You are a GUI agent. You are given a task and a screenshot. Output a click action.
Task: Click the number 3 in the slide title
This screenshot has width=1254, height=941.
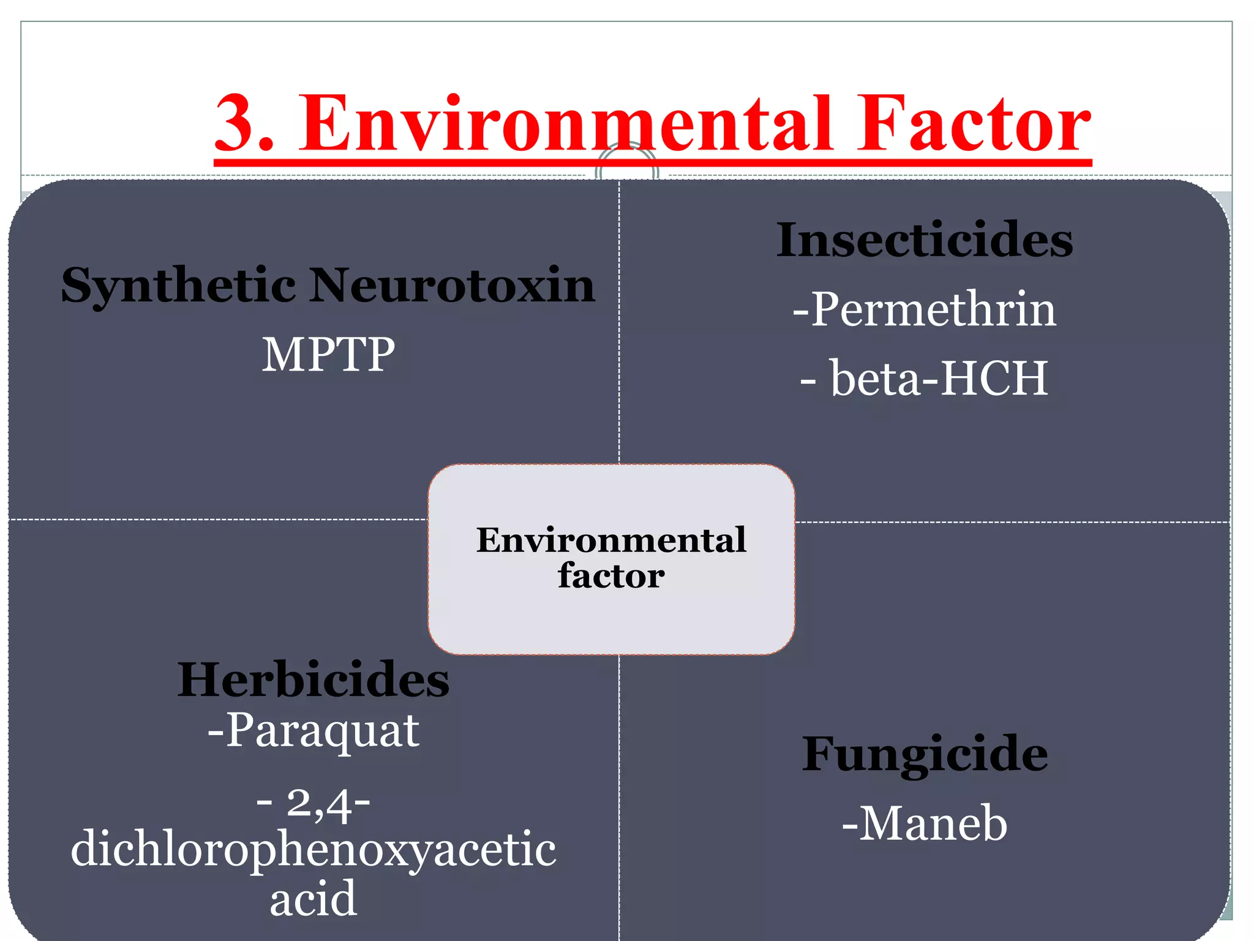237,124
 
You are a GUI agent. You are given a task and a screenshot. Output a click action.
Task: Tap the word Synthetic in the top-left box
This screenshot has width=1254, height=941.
178,286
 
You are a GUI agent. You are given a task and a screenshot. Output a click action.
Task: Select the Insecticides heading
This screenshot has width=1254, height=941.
924,240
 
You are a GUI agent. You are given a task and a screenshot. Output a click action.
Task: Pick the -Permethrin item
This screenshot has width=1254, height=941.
924,309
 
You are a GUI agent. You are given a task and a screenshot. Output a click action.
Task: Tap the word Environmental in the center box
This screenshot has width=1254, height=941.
611,540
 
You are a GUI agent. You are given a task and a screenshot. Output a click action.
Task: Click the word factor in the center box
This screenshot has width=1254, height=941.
611,576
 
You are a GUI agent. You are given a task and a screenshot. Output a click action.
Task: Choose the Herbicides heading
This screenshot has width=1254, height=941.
313,679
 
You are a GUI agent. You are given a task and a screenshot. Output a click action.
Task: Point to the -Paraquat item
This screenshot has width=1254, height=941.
313,730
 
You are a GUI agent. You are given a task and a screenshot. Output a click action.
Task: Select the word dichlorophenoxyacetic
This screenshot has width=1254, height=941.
313,850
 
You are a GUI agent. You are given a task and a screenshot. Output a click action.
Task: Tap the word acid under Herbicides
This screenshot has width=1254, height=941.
313,899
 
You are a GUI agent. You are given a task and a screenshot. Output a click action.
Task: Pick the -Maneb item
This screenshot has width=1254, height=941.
924,824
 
